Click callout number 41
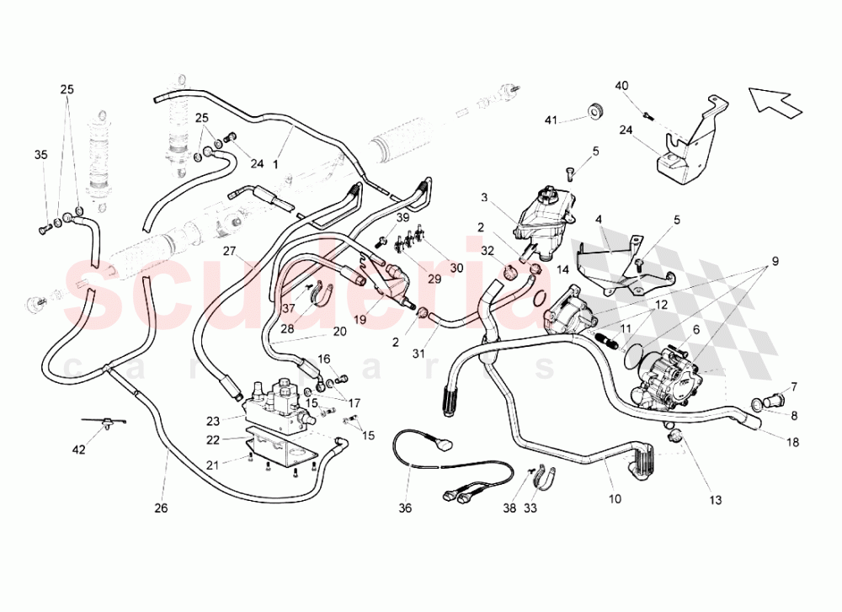tap(550, 120)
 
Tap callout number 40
tap(621, 85)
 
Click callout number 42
tap(78, 450)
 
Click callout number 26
tap(162, 508)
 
